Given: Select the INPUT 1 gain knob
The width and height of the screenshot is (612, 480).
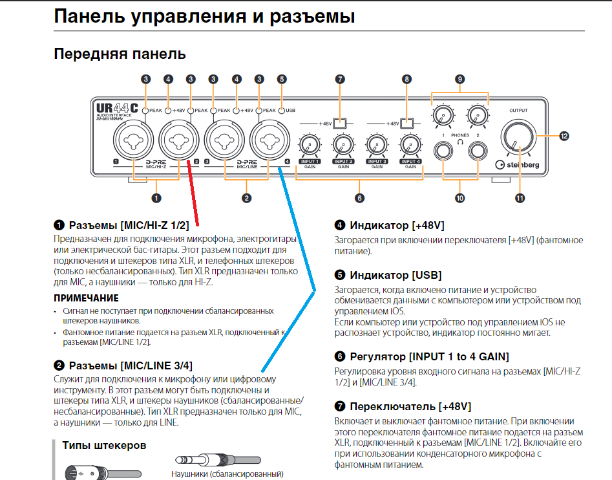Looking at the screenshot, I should coord(310,144).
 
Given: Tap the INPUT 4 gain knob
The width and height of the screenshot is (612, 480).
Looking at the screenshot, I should coord(410,144).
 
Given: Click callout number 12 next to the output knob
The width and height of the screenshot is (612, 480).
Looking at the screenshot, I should coord(564,136).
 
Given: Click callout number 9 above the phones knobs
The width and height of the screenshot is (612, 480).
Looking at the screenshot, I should coord(459,79).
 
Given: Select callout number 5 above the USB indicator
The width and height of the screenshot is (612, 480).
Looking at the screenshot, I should coord(281,79).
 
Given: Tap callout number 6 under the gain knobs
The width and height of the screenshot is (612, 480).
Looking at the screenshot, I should coord(359,198).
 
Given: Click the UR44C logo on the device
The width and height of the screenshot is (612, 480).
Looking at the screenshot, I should coord(116,110).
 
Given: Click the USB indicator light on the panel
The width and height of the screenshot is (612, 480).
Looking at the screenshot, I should coord(281,111).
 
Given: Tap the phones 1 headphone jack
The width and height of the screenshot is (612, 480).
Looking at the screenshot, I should coord(443,151).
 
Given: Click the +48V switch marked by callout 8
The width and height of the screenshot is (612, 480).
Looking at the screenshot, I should coord(406,122).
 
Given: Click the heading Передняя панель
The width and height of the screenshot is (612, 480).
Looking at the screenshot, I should coord(120,54).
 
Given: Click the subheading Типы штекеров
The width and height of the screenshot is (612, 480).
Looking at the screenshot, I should coord(104,445).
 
